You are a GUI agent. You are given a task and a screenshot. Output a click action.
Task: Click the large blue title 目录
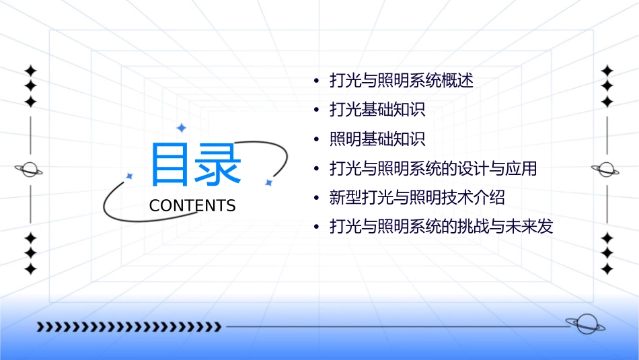pos(196,164)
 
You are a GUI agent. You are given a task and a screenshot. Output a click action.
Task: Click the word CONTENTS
pos(192,206)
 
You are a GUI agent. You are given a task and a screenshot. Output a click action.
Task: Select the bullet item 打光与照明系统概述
pos(401,81)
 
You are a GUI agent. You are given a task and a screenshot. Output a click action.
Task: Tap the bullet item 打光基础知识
pos(377,110)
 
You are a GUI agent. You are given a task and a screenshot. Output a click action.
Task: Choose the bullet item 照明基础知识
pos(377,139)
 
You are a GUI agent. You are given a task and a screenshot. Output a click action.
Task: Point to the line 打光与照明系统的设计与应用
pos(433,168)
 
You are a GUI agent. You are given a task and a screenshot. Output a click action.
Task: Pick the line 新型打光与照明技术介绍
pos(417,198)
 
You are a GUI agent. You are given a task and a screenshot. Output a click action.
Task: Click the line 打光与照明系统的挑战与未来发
pos(441,227)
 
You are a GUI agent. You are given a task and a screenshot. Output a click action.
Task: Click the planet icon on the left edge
pos(30,170)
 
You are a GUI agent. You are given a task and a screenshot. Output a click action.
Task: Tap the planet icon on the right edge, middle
pos(607,170)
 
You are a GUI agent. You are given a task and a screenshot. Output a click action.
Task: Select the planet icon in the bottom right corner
pos(585,324)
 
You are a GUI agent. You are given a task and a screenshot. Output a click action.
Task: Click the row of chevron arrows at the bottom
pos(128,327)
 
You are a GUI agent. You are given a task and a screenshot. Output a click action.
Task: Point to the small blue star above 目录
pos(180,127)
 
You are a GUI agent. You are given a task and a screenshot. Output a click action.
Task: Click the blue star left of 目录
pos(130,176)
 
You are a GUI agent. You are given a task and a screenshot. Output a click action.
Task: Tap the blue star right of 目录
pos(268,182)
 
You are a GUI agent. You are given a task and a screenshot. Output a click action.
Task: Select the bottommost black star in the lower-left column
pos(30,269)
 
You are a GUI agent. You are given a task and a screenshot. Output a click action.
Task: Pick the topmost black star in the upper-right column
pos(607,70)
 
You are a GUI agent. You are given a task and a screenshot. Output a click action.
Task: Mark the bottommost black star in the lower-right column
pos(607,269)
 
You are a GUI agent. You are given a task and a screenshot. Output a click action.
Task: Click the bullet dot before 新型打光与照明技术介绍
pos(317,199)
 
